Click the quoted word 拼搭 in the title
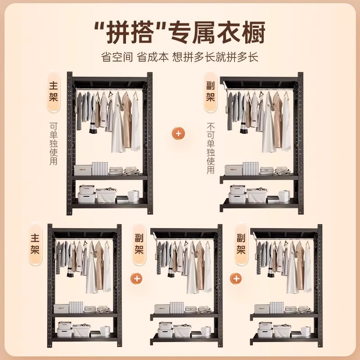130,32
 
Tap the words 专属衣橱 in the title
216,32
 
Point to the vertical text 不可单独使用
210,148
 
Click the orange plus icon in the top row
179,133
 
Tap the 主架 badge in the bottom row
35,243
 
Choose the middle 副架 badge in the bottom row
138,243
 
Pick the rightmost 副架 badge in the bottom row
241,243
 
